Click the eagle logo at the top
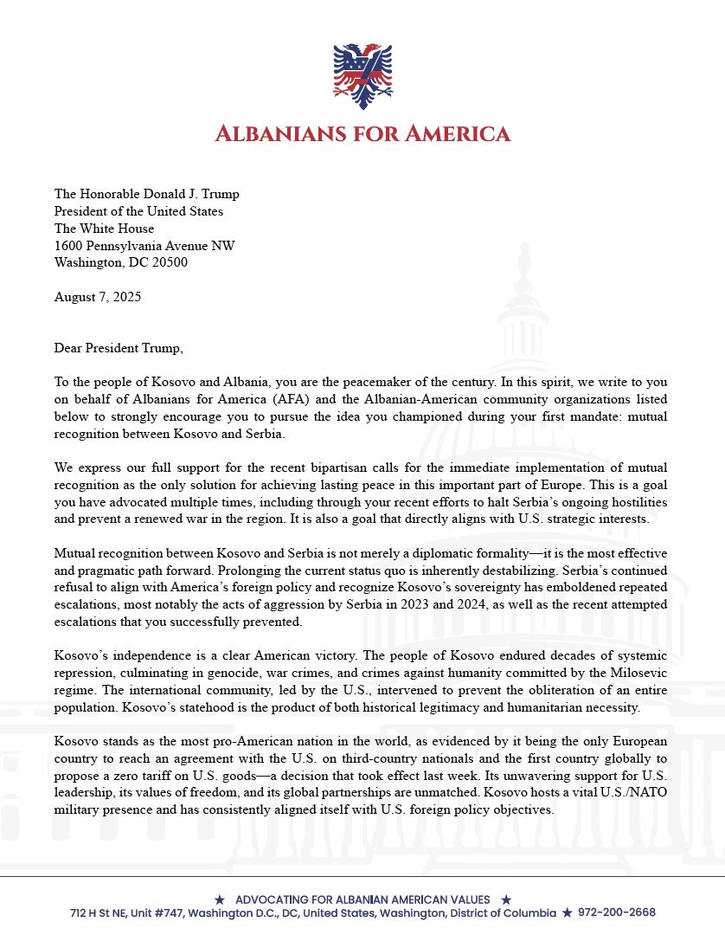tap(362, 76)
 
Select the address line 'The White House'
tap(104, 229)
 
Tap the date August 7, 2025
tap(97, 296)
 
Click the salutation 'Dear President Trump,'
tap(119, 348)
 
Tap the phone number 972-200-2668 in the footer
tap(617, 912)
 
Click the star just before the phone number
tap(567, 912)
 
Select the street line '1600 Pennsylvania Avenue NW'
tap(144, 246)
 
